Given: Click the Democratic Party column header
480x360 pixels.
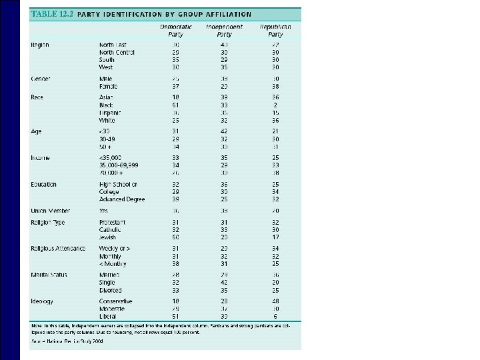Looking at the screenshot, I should coord(176,30).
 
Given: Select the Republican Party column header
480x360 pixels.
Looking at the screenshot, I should coord(275,30).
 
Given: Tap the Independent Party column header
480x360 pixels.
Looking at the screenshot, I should coord(225,30).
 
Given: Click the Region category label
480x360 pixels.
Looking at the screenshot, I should coord(40,45).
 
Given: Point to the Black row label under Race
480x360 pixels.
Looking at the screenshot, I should coord(107,105).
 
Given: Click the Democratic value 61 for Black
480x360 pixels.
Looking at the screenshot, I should coord(175,105).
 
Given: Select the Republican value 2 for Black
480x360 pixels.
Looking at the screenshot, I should coord(275,105).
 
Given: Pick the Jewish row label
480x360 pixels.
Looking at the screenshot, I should coord(107,237).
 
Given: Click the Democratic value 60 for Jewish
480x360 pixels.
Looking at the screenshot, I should coord(175,237).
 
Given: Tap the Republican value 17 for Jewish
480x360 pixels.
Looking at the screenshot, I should coord(275,237).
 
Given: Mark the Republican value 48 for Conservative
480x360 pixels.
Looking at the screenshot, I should coord(275,301).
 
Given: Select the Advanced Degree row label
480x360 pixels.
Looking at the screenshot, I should coord(122,199).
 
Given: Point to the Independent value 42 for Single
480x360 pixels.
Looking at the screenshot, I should coord(223,283).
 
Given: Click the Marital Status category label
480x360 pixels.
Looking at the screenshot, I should coord(51,275).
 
